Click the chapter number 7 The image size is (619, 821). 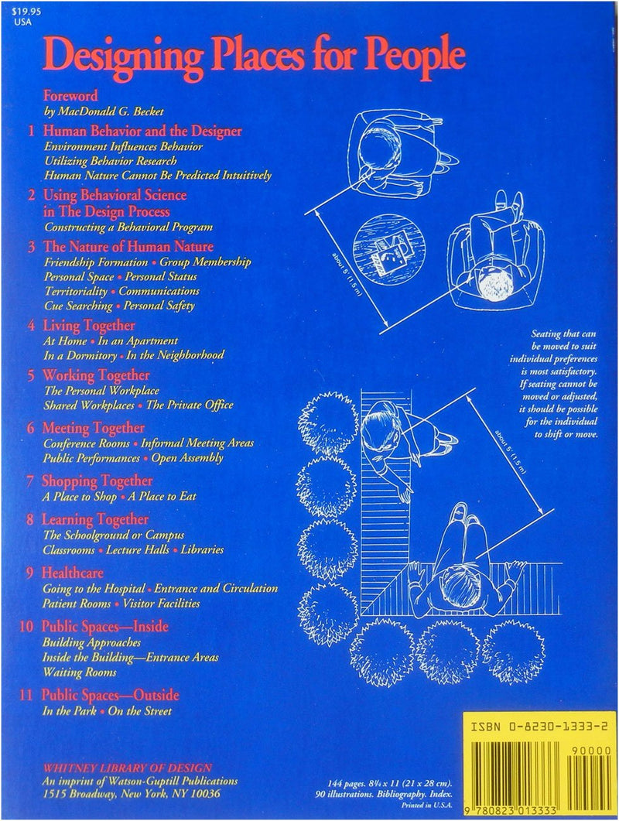coord(30,481)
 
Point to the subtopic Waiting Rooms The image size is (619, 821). coord(75,672)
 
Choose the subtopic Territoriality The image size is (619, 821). coord(76,291)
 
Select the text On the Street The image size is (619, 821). coord(140,710)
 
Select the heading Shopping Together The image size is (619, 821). coord(97,481)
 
